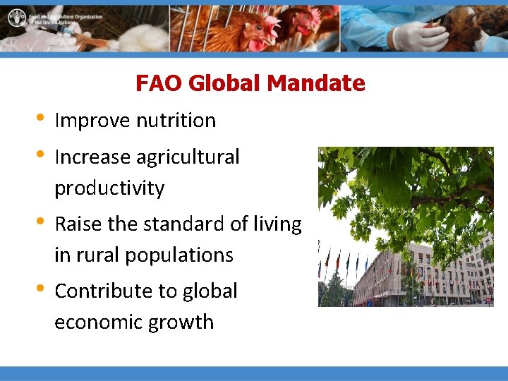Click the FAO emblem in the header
15,18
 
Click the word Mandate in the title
317,83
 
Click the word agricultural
188,157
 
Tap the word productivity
109,189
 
